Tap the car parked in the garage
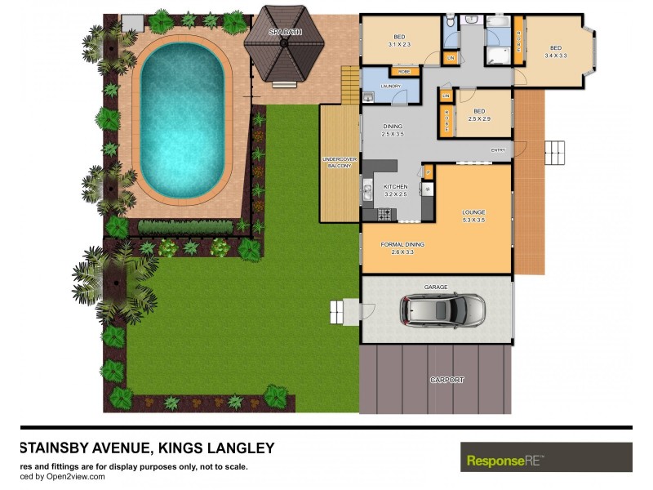[x=442, y=310]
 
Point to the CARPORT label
[x=446, y=380]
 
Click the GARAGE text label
[x=436, y=287]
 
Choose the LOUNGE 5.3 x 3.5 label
[x=473, y=216]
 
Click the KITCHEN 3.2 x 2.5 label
[x=395, y=190]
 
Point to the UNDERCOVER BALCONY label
[x=339, y=162]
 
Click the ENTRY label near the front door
[x=498, y=150]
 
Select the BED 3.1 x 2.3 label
[x=399, y=40]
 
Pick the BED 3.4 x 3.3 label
[x=556, y=51]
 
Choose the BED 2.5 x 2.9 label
[x=480, y=115]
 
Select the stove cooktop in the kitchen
[x=382, y=215]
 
